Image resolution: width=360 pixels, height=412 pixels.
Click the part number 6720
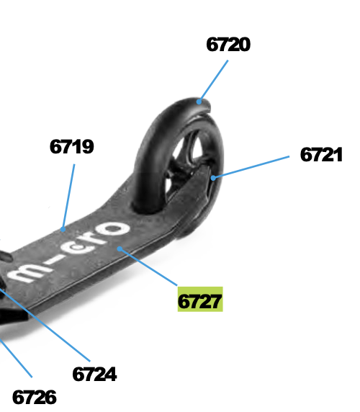[228, 45]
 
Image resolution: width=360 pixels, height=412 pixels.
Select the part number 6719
[72, 147]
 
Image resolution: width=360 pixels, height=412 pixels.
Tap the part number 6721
[321, 154]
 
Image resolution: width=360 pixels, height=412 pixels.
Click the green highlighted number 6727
[200, 300]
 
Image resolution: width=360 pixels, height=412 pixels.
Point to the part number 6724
[94, 374]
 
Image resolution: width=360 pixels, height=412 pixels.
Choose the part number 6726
[35, 397]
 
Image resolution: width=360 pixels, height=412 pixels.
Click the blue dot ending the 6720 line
[199, 102]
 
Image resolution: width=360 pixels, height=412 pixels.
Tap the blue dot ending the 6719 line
[63, 229]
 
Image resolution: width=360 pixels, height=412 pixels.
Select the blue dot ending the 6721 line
[213, 178]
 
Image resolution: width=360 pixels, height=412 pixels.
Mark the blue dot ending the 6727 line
[120, 248]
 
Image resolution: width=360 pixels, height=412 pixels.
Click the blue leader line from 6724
[45, 326]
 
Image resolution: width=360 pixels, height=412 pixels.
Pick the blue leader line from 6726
[16, 359]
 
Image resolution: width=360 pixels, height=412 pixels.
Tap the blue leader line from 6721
[251, 167]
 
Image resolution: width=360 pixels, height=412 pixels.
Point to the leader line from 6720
[214, 81]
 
